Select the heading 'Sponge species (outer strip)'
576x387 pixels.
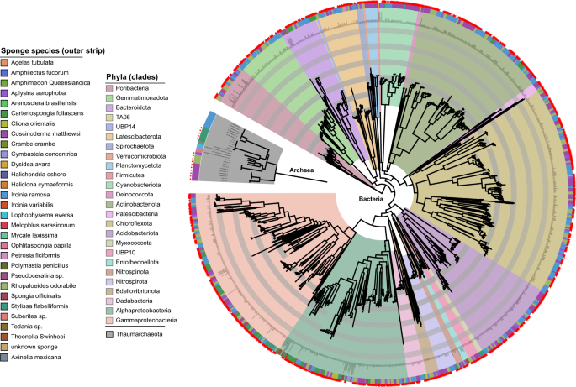[x=41, y=51]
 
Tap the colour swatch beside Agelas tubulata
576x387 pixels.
[x=6, y=64]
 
